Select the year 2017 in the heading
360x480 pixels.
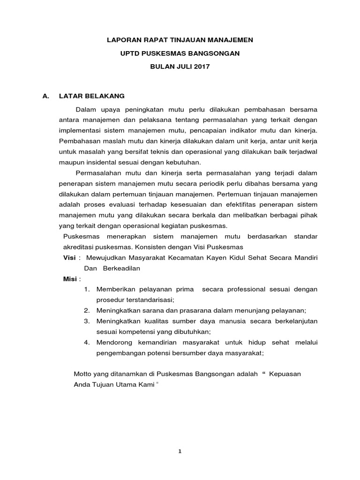tap(202, 67)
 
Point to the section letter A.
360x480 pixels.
tap(45, 96)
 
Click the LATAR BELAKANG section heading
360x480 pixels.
tap(92, 96)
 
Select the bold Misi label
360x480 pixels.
tap(70, 279)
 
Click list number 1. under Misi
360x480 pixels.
tap(87, 290)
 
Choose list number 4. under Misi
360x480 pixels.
tap(87, 343)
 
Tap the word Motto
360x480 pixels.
tap(83, 374)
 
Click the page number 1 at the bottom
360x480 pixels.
tap(180, 451)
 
